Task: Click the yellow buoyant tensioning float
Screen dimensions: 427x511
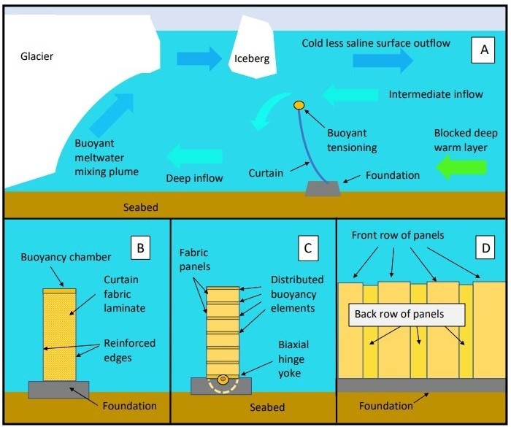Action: (299, 106)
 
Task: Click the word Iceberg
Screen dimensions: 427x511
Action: (252, 58)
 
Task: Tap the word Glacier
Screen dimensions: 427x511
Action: (37, 55)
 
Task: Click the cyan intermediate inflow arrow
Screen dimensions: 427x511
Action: (351, 94)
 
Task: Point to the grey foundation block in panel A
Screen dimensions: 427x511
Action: (323, 188)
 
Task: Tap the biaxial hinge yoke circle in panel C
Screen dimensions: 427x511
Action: (222, 380)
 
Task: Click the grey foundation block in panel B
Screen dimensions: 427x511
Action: (58, 389)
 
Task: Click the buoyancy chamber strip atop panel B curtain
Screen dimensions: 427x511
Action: (59, 291)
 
